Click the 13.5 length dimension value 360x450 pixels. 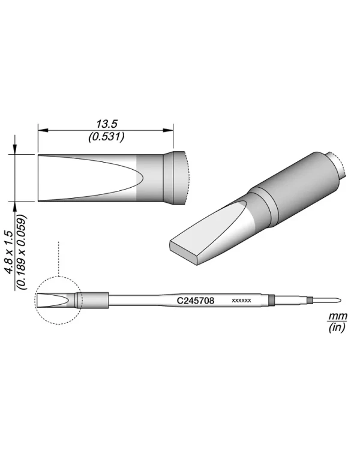tap(106, 124)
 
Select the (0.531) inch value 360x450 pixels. tap(106, 136)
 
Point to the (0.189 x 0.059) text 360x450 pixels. tap(22, 252)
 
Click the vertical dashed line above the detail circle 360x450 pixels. tap(58, 258)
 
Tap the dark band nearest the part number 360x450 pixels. tap(272, 299)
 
